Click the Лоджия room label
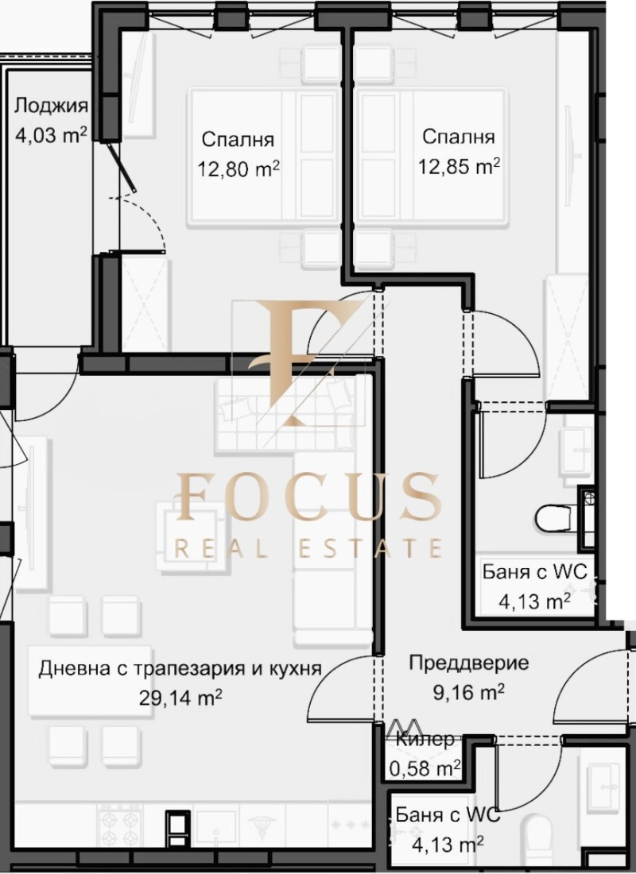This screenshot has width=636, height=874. point(51,106)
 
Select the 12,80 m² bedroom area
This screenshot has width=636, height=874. point(238,169)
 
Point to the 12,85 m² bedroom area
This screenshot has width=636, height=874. point(459,167)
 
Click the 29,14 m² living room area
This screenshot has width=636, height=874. point(180,698)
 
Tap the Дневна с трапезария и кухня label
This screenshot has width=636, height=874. point(180,669)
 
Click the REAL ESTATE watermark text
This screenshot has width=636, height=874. point(308,547)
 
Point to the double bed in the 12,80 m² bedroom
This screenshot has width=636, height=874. point(261,156)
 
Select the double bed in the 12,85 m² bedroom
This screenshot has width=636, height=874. point(429,156)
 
